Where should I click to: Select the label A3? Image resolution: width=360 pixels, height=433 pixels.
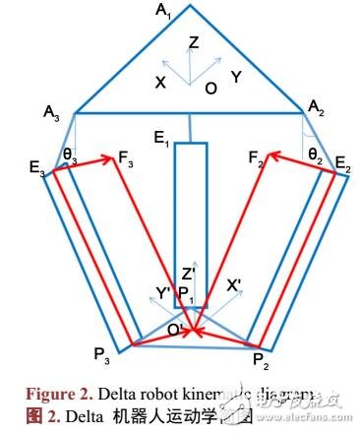(x=52, y=114)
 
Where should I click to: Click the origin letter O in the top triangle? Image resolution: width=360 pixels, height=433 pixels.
(x=210, y=87)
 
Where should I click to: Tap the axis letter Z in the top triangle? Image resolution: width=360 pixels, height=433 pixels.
(x=193, y=42)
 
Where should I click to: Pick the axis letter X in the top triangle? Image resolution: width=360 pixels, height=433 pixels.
(x=158, y=83)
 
